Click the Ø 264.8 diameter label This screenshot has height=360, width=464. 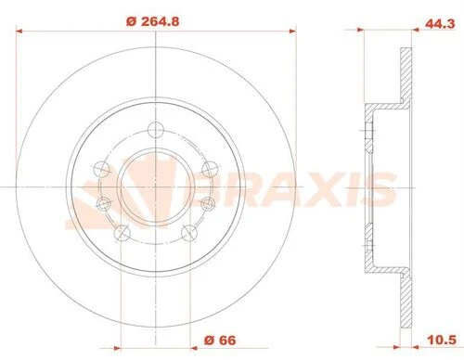pos(153,21)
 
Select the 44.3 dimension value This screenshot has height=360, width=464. pos(440,24)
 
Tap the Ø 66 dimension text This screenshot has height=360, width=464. pos(220,341)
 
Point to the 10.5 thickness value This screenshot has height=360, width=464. pos(442,340)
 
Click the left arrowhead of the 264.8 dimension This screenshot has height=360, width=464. pos(19,31)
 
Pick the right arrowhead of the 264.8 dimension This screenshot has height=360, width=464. pos(292,31)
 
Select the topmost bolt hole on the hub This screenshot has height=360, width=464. pos(155,130)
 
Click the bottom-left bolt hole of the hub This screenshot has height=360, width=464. pos(122,233)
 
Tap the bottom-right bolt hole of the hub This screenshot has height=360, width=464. pos(189,233)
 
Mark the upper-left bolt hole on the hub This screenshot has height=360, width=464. pos(102,169)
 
